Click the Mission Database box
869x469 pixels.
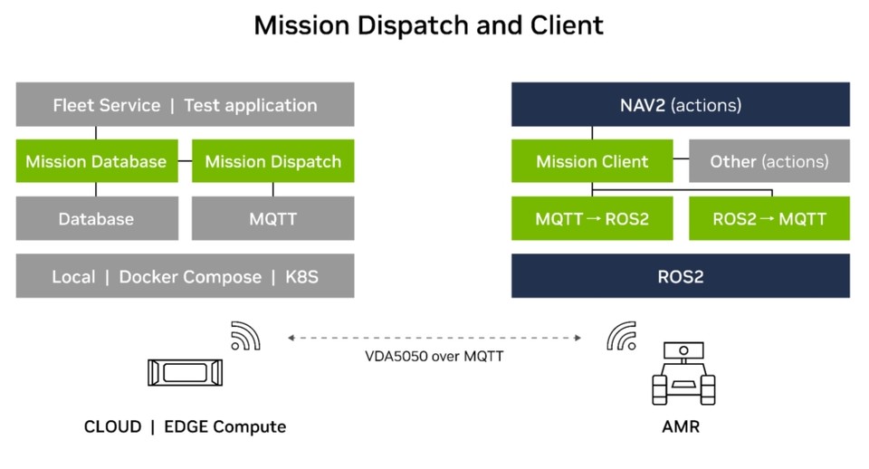pos(96,161)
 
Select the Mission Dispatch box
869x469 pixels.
pos(272,161)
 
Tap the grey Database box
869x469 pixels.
pos(96,218)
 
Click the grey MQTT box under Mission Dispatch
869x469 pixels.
pos(272,218)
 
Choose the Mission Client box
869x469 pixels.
pos(592,161)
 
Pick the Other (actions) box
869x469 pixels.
pos(769,161)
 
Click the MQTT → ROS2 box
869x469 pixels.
pos(592,218)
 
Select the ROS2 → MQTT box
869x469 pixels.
pos(769,218)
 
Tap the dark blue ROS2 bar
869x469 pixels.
pos(681,276)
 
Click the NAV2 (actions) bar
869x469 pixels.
pos(681,105)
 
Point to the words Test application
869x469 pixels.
pos(251,105)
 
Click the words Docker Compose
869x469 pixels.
pos(190,276)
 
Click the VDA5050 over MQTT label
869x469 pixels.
pos(434,356)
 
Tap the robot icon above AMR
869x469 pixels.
pos(683,372)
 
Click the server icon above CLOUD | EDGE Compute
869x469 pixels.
pos(185,372)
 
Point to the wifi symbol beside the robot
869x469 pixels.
pos(621,336)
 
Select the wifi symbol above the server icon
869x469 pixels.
pos(245,336)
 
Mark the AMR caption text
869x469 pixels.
pos(681,426)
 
